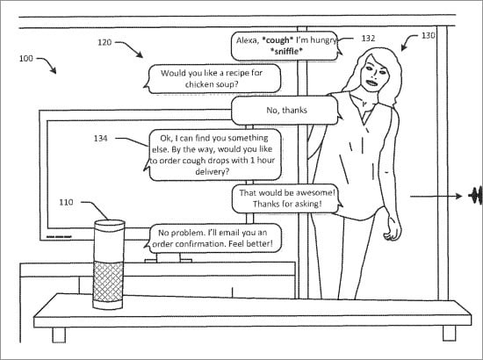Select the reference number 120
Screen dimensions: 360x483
click(x=105, y=41)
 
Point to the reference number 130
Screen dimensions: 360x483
click(x=429, y=36)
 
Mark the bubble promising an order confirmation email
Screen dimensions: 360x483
click(x=213, y=240)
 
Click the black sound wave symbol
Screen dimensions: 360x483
click(x=476, y=196)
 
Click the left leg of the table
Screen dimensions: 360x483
click(x=58, y=333)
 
